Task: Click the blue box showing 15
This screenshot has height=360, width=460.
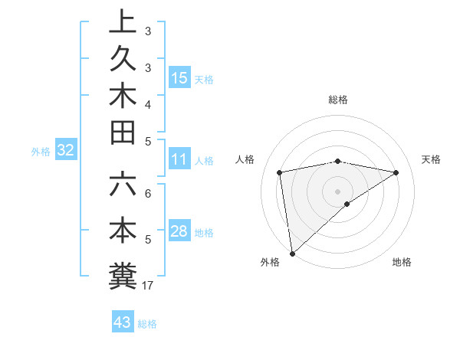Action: [179, 78]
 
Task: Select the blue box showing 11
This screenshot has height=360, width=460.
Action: [179, 160]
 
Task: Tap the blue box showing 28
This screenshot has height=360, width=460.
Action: [179, 232]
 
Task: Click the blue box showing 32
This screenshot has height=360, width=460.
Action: [66, 151]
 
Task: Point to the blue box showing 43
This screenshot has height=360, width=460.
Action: [123, 322]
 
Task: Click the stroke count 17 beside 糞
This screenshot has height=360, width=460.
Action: [148, 286]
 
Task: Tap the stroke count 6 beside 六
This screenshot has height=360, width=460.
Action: [148, 193]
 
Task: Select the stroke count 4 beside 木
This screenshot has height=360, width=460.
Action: [148, 103]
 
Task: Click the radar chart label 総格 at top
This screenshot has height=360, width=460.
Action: [338, 100]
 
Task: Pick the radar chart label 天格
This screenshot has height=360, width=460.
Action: [431, 159]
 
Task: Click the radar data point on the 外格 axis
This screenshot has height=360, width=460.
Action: [292, 253]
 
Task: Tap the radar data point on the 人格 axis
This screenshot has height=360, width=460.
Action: [280, 172]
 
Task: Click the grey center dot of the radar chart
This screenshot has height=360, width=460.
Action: [337, 191]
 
